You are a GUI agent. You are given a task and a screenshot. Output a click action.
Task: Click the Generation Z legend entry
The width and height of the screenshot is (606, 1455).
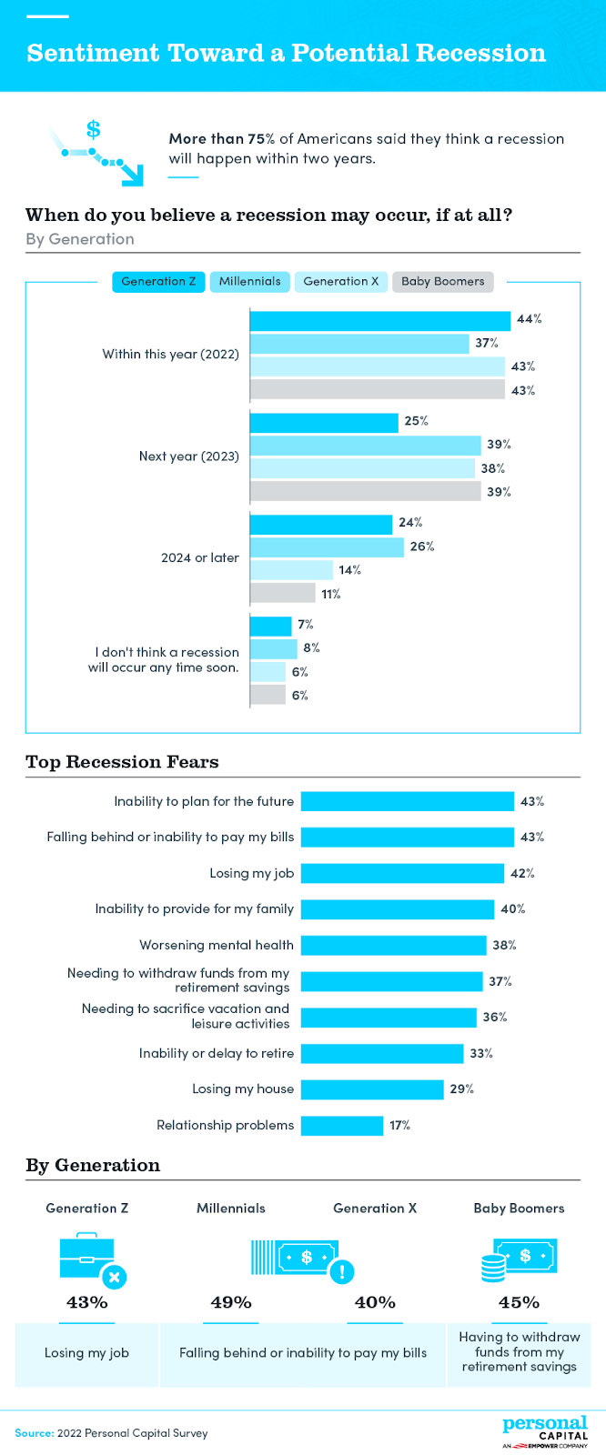click(x=158, y=282)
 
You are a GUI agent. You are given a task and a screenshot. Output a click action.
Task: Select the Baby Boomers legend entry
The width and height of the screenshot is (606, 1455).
click(x=442, y=282)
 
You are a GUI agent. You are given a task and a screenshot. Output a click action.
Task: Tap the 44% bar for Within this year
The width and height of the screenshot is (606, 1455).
click(x=379, y=320)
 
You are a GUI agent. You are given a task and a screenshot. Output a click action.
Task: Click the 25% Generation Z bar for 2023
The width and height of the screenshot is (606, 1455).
click(x=324, y=422)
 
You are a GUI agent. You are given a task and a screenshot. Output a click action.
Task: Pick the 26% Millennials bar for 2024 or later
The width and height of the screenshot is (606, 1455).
click(x=327, y=547)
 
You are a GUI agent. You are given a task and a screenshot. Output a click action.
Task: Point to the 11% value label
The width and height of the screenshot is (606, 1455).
click(x=330, y=595)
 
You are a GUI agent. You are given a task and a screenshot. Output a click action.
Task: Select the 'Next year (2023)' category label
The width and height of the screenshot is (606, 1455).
click(x=189, y=457)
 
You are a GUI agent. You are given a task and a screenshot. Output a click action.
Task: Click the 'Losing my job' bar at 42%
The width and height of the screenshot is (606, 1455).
click(x=402, y=873)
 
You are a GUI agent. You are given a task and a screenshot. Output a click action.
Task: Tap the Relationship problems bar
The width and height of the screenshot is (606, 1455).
click(x=342, y=1126)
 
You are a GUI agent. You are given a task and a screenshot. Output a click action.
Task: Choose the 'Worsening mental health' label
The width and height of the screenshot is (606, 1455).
click(x=217, y=946)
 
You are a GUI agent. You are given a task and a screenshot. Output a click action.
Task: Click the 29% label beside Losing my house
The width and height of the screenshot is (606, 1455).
click(x=461, y=1089)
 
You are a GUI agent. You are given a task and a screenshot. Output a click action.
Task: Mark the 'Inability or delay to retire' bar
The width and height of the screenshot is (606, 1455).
click(x=382, y=1054)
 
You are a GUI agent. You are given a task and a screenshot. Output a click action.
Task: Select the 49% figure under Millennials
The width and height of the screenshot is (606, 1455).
click(x=231, y=1302)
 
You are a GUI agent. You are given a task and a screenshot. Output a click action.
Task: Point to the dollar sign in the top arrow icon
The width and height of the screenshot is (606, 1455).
click(x=93, y=129)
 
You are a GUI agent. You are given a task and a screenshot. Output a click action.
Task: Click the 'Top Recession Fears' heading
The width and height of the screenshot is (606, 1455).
click(x=122, y=762)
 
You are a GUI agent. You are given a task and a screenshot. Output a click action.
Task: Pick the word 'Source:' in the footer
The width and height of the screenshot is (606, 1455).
click(x=34, y=1433)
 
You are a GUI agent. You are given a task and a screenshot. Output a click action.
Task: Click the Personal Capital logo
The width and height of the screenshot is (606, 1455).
click(x=544, y=1431)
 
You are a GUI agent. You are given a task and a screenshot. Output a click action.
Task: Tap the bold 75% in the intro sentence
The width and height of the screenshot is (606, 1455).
click(x=261, y=139)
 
